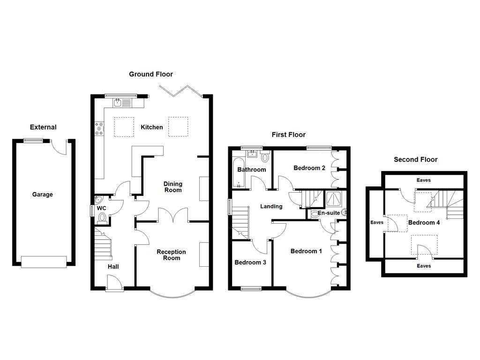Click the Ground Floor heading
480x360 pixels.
coord(151,74)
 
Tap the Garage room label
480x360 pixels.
coord(42,195)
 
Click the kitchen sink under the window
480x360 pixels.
coord(121,103)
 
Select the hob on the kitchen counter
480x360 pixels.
coord(99,128)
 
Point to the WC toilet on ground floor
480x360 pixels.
coord(102,217)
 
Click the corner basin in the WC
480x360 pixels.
coord(97,199)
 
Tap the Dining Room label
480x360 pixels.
coord(172,187)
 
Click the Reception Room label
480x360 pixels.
coord(171,255)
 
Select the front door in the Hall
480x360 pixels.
coord(114,283)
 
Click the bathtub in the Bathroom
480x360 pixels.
coord(235,173)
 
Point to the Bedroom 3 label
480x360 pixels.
coord(250,262)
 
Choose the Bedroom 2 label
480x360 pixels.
coord(309,168)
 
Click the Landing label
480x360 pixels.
coord(271,206)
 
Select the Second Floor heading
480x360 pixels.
coord(415,159)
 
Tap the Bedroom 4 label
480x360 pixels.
coord(424,223)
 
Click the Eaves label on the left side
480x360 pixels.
coord(376,223)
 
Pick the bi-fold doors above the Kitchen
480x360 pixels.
coord(182,90)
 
